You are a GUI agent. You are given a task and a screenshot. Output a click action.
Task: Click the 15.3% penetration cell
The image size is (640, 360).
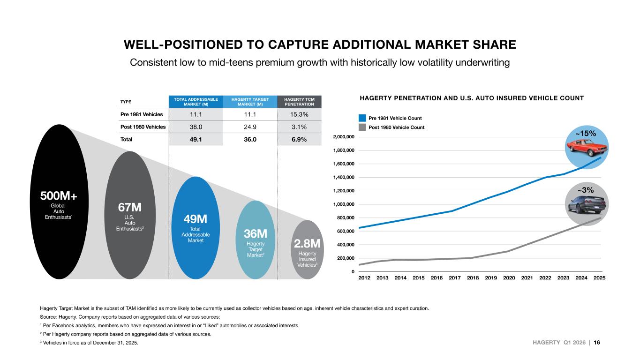click(x=299, y=114)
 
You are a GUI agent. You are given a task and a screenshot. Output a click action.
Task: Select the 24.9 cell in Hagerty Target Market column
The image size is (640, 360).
click(x=250, y=127)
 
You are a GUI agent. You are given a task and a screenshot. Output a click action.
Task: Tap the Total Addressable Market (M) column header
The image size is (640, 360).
click(x=196, y=102)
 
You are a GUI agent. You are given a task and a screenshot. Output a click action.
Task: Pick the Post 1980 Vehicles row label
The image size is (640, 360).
click(x=143, y=127)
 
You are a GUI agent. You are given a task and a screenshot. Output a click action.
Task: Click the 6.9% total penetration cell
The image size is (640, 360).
click(x=299, y=139)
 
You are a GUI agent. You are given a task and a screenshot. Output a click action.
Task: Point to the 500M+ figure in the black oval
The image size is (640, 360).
click(x=59, y=196)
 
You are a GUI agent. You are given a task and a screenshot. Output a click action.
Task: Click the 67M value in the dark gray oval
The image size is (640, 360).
click(x=130, y=208)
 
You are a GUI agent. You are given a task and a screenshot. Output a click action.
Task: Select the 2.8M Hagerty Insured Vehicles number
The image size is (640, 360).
click(x=307, y=244)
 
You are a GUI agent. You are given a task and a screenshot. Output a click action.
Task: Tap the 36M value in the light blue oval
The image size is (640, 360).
click(x=256, y=234)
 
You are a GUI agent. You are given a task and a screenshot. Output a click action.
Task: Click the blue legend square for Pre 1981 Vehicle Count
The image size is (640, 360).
click(x=362, y=118)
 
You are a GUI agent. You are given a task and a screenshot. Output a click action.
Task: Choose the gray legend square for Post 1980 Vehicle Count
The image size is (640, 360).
click(x=362, y=127)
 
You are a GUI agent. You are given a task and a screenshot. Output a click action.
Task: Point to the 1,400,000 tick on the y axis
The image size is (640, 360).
click(x=344, y=178)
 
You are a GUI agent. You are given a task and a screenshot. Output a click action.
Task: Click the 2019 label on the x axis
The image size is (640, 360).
click(x=491, y=277)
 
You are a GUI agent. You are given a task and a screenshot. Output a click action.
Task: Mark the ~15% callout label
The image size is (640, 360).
click(x=586, y=134)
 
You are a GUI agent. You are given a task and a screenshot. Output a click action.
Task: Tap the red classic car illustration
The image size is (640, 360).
click(x=587, y=148)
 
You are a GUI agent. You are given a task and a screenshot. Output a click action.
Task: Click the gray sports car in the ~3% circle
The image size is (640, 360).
click(x=587, y=204)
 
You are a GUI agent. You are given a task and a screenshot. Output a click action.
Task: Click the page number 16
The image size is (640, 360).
click(x=597, y=342)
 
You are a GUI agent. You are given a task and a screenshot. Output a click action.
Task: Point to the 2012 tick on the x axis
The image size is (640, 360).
click(x=364, y=277)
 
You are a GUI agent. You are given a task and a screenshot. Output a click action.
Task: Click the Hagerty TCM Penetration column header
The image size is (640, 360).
click(x=299, y=102)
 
